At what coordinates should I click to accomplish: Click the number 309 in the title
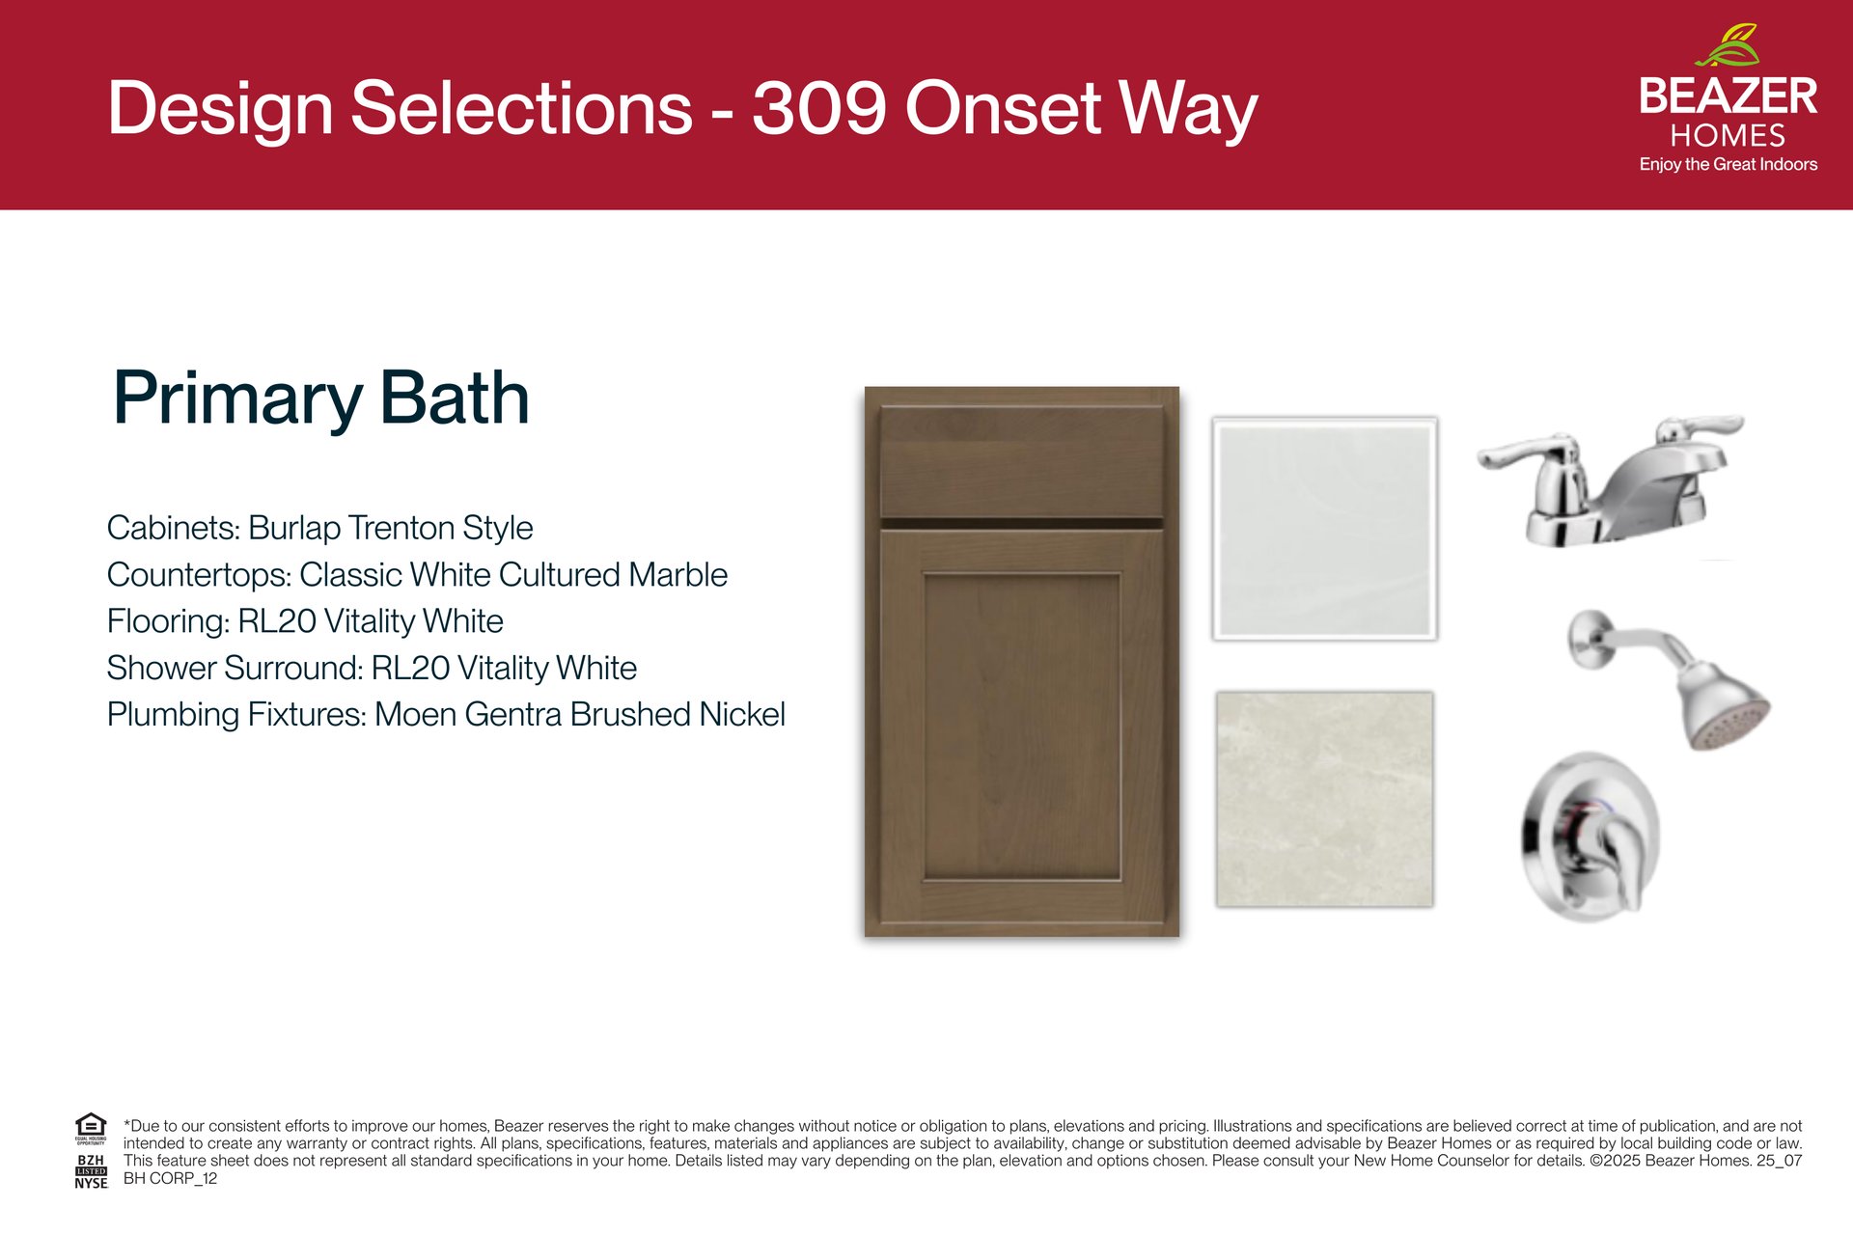[818, 107]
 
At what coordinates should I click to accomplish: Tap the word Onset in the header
[1003, 107]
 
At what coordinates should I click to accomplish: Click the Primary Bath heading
[321, 398]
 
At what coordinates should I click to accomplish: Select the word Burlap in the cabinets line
[294, 528]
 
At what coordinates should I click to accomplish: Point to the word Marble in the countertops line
[678, 574]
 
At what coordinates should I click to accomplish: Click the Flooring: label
[169, 621]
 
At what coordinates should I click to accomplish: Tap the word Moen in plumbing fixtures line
[415, 714]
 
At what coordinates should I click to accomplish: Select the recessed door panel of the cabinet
[1022, 727]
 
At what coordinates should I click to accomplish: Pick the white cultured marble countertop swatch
[1325, 529]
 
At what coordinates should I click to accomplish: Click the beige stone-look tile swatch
[1324, 799]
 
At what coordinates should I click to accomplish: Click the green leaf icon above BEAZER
[1728, 46]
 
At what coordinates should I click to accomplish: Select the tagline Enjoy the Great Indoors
[1728, 164]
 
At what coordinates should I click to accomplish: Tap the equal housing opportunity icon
[91, 1128]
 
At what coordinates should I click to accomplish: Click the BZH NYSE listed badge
[91, 1171]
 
